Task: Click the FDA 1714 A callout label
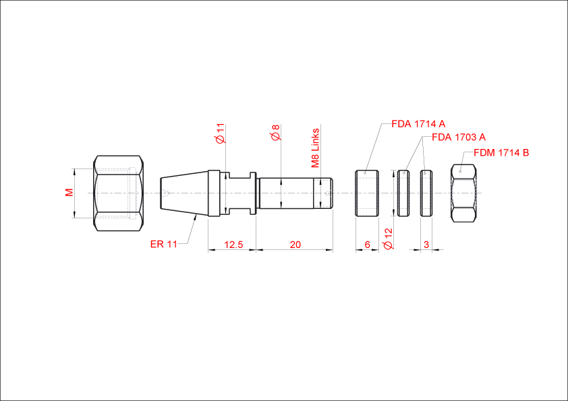coord(418,124)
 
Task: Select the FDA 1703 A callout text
coord(459,137)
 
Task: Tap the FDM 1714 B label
coord(501,153)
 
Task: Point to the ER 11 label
coord(164,244)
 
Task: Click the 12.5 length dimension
coord(233,245)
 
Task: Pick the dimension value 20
coord(295,245)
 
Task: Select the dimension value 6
coord(368,245)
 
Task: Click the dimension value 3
coord(426,245)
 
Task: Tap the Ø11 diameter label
coord(221,133)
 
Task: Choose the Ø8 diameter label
coord(276,133)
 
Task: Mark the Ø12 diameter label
coord(388,239)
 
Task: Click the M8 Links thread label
coord(316,148)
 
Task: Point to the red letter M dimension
coord(69,193)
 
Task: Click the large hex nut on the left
coord(119,193)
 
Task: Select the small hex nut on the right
coord(463,193)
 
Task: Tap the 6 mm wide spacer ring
coord(367,193)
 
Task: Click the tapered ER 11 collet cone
coord(184,193)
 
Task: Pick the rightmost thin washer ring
coord(426,193)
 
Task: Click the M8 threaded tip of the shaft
coord(322,193)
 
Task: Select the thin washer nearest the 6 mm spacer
coord(403,193)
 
